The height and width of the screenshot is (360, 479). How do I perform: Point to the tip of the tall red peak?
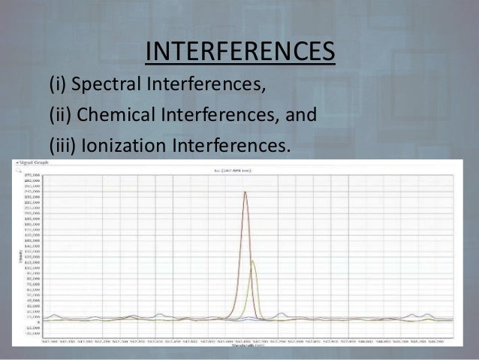[x=245, y=192]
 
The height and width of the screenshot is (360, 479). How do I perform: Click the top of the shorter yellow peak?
[x=253, y=261]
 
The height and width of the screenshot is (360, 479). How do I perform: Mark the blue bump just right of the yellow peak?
[x=282, y=314]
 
